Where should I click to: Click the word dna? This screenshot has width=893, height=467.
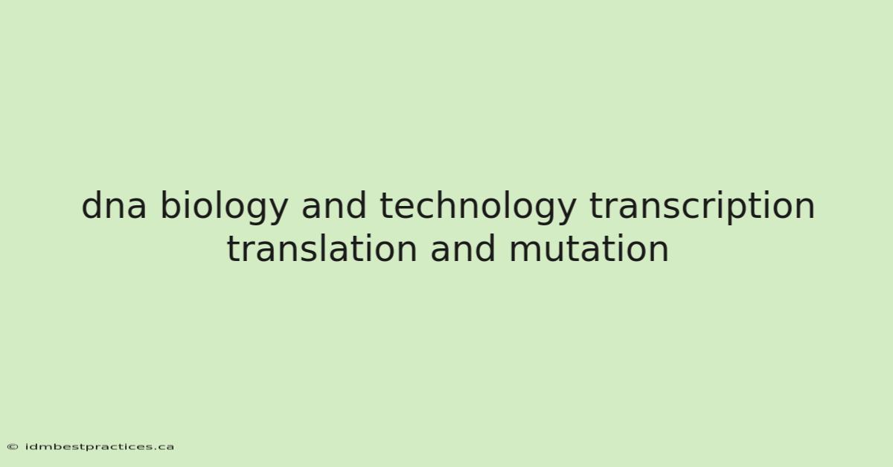coord(114,205)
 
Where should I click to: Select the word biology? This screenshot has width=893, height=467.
coord(224,207)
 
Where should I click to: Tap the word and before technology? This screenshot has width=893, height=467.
coord(333,205)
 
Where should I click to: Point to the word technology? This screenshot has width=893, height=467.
coord(478,207)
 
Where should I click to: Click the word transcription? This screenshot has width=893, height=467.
coord(702,207)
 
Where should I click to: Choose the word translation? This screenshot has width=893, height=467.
coord(321,248)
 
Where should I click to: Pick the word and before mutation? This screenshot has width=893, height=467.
coord(462,248)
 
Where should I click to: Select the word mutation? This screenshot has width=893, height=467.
coord(589,248)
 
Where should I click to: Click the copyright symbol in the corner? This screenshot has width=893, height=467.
coord(13,447)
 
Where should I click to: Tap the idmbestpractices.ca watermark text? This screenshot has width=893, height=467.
coord(99,447)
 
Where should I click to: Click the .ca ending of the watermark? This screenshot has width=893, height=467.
coord(164,448)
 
